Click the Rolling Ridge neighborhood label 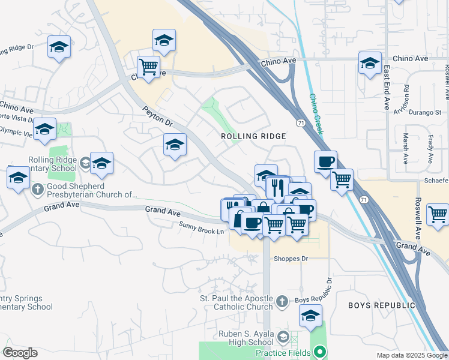pyautogui.click(x=253, y=136)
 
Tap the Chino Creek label pyautogui.click(x=316, y=113)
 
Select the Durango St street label pyautogui.click(x=425, y=112)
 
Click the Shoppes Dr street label pyautogui.click(x=291, y=259)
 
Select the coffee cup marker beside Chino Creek pyautogui.click(x=325, y=161)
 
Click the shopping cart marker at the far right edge pyautogui.click(x=438, y=214)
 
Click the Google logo pyautogui.click(x=20, y=353)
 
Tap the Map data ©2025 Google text pyautogui.click(x=411, y=355)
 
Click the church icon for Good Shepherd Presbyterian pyautogui.click(x=37, y=190)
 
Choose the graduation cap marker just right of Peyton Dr pyautogui.click(x=175, y=145)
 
